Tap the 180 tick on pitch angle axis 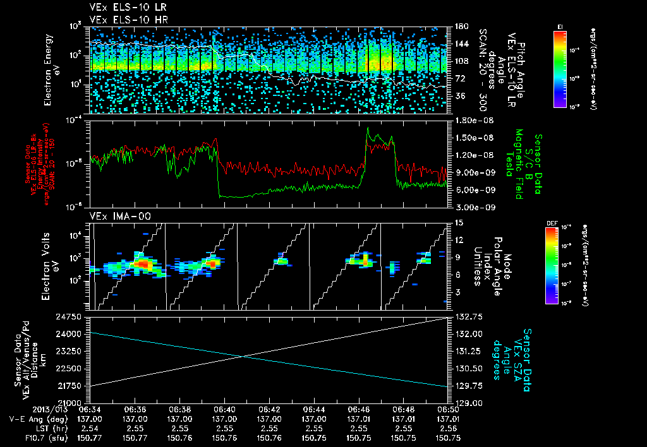tap(460, 26)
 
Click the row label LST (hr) tap(28, 427)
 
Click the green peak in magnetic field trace tap(369, 129)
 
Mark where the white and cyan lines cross tap(244, 356)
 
